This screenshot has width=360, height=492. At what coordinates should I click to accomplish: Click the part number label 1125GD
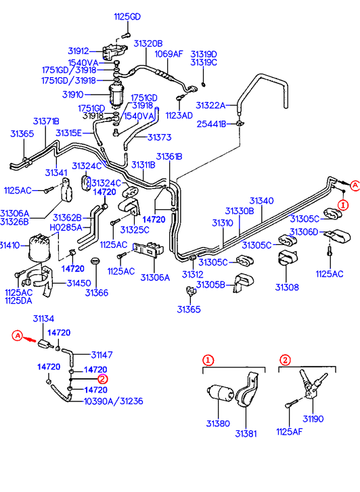click(127, 17)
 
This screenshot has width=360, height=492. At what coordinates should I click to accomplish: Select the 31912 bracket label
click(78, 51)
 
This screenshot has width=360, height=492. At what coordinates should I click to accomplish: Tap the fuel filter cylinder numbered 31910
click(116, 95)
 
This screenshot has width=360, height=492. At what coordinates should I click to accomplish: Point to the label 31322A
click(210, 105)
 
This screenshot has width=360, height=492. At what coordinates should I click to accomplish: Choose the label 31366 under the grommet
click(97, 293)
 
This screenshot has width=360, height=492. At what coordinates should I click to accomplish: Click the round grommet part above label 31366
click(95, 261)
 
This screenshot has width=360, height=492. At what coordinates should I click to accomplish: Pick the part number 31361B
click(169, 156)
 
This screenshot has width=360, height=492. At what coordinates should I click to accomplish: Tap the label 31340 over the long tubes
click(261, 200)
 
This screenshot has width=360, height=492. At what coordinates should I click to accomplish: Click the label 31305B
click(210, 285)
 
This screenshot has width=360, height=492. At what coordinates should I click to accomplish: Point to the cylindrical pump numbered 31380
click(221, 393)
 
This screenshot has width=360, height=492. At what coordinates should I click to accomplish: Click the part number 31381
click(246, 434)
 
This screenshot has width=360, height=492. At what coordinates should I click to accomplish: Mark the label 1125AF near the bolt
click(289, 432)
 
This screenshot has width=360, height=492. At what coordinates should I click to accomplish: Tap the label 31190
click(313, 419)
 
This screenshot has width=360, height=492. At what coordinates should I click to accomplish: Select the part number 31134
click(43, 319)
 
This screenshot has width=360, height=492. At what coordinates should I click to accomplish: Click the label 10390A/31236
click(114, 401)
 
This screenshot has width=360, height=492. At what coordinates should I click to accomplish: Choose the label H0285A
click(66, 227)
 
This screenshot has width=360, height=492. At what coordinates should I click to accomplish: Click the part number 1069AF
click(168, 53)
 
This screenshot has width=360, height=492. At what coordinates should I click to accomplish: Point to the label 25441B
click(211, 124)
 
